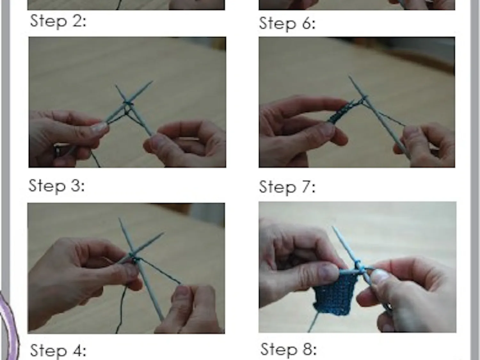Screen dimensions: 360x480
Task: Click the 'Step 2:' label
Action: point(58,21)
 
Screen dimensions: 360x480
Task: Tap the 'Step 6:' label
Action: point(287,24)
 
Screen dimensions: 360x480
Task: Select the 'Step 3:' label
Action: point(57,186)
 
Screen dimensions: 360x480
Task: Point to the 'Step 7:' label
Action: point(287,187)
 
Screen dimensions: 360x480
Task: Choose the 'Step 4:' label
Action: point(58,350)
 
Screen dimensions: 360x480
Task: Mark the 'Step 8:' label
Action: point(288,349)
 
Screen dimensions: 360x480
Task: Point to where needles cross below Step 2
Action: point(127,103)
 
